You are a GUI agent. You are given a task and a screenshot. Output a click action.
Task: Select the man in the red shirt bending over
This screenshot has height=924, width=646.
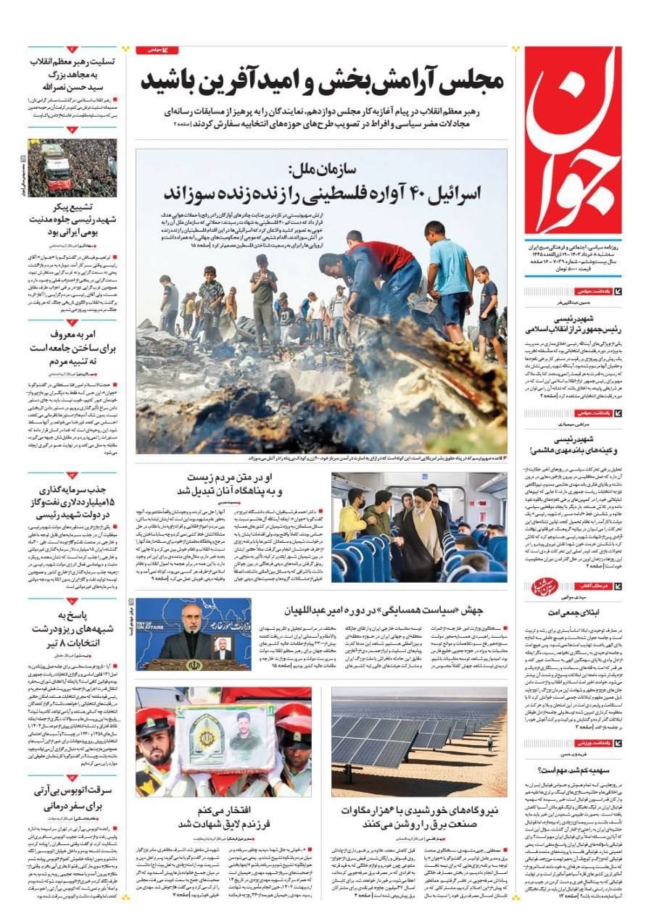377,272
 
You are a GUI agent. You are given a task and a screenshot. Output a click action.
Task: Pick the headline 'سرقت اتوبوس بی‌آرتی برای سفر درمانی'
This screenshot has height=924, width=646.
73,797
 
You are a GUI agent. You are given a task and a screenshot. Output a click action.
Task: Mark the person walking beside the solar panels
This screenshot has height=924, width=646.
489,741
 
